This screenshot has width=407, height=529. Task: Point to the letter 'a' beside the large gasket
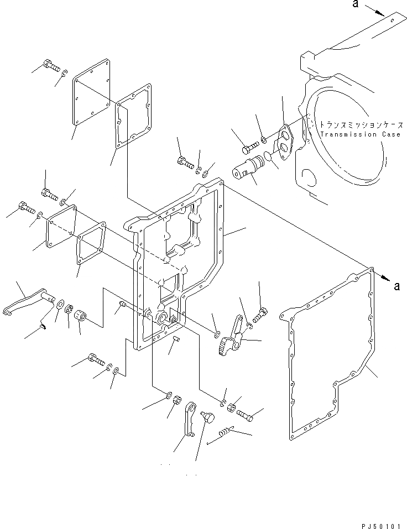(396, 286)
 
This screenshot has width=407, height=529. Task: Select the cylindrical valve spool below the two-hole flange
(248, 166)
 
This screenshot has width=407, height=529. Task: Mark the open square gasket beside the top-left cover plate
(134, 116)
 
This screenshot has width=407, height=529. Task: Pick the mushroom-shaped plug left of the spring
(208, 417)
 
